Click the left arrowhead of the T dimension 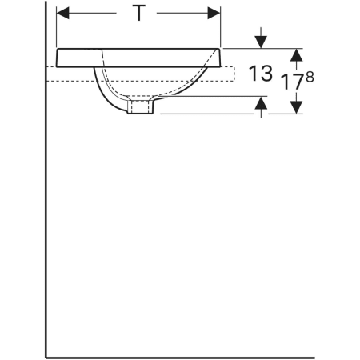pyautogui.click(x=62, y=13)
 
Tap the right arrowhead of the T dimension pyautogui.click(x=214, y=13)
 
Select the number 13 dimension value pyautogui.click(x=261, y=74)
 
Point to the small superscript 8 pyautogui.click(x=310, y=78)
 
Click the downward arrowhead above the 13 pyautogui.click(x=261, y=42)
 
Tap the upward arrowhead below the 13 pyautogui.click(x=261, y=102)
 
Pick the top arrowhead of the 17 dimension pyautogui.click(x=296, y=55)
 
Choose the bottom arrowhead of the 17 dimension pyautogui.click(x=296, y=107)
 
